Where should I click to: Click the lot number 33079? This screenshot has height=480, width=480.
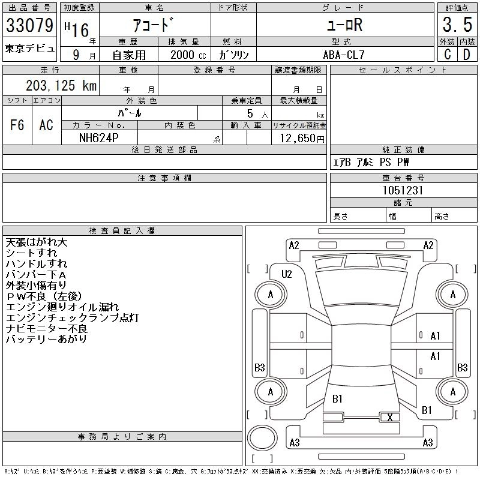click(29, 27)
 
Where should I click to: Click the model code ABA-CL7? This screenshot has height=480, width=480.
click(344, 54)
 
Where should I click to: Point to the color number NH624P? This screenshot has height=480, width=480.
click(100, 138)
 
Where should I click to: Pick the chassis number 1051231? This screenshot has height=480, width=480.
click(403, 190)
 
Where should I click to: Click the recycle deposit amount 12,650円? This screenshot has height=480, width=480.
click(300, 139)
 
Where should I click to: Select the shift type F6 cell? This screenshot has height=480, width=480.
click(17, 125)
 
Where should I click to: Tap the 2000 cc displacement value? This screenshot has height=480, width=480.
click(185, 55)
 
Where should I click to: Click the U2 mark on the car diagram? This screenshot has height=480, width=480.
click(287, 274)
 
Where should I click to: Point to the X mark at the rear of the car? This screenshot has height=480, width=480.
click(391, 417)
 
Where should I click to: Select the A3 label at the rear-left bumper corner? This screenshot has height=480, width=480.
click(295, 443)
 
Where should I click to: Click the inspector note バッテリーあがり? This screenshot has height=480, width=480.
click(46, 340)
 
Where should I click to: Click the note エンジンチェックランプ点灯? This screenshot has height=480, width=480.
click(72, 318)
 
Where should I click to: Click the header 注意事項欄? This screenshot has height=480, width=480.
click(164, 178)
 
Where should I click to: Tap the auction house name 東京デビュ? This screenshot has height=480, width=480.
click(29, 49)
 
